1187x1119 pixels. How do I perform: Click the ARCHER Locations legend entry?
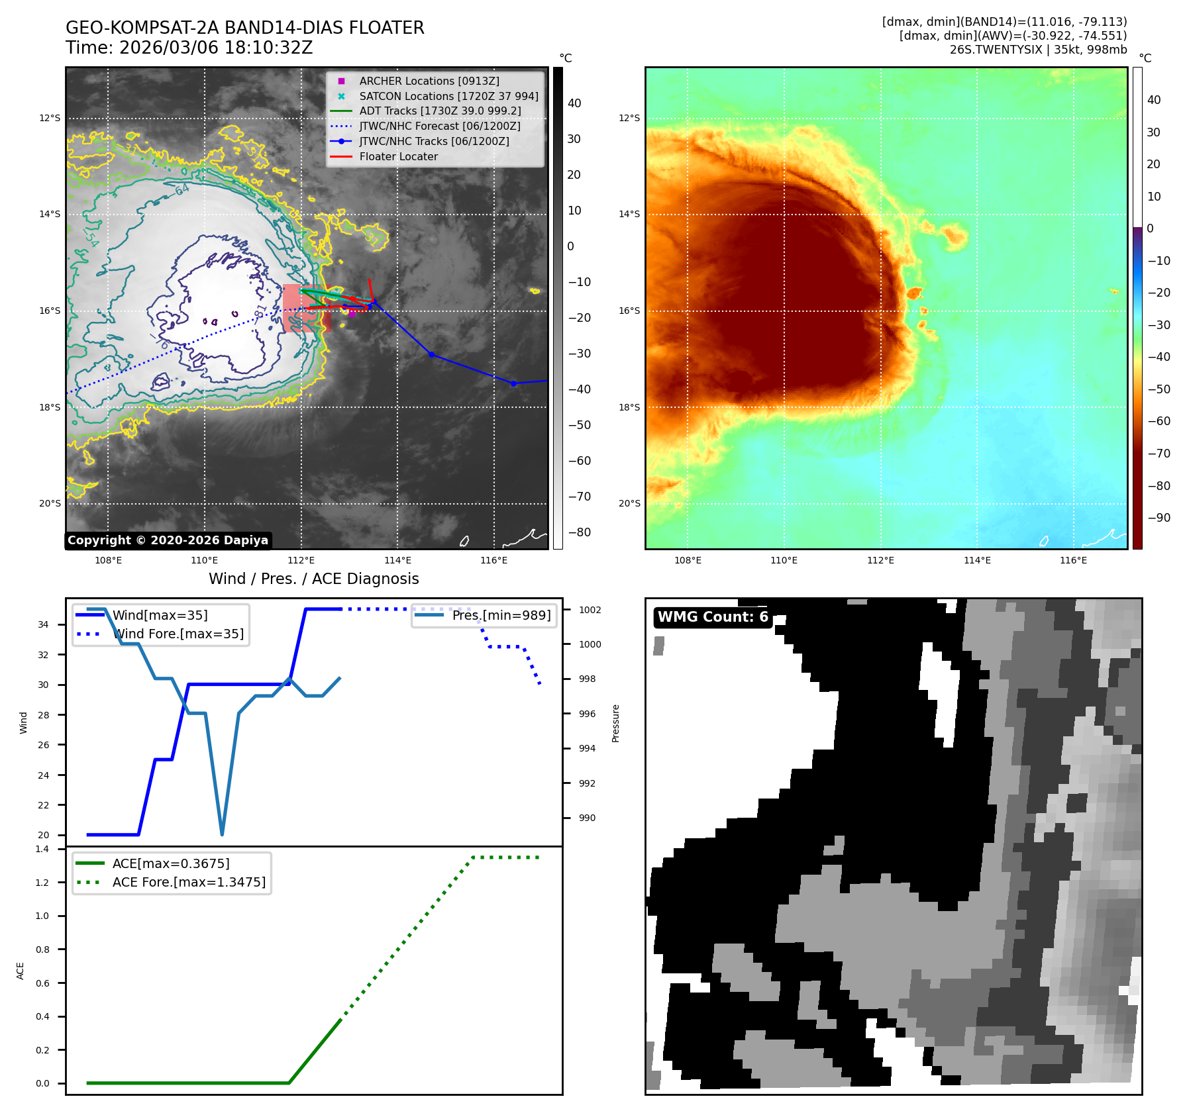[x=429, y=81]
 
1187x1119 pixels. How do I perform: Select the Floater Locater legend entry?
[x=398, y=157]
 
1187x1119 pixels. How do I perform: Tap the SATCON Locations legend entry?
[x=448, y=96]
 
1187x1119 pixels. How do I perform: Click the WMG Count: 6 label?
[x=713, y=617]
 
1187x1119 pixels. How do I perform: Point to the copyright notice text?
[x=168, y=540]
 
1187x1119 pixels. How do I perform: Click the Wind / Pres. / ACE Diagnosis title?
[x=313, y=579]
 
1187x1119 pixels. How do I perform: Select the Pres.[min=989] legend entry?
[x=501, y=615]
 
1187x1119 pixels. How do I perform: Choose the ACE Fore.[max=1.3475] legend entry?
[x=189, y=882]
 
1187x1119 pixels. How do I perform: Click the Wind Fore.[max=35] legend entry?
[x=178, y=634]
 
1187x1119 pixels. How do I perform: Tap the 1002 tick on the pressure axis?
[x=590, y=610]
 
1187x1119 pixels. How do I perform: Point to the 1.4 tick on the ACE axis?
[x=42, y=849]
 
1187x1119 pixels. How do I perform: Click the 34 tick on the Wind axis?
[x=43, y=624]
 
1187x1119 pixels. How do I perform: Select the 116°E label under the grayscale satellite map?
[x=494, y=560]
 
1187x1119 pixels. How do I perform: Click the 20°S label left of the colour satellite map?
[x=629, y=503]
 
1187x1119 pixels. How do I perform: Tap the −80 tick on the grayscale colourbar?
[x=579, y=532]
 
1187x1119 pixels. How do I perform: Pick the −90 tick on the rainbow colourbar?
[x=1159, y=518]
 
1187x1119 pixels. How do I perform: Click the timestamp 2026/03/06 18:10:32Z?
[x=215, y=48]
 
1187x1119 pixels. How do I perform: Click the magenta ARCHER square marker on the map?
[x=352, y=314]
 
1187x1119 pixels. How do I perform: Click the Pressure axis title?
[x=615, y=723]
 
